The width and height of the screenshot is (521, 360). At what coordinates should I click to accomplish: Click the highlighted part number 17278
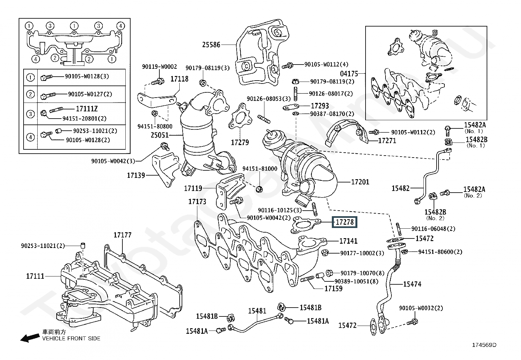pos(345,222)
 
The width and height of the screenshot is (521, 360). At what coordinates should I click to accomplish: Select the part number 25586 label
pos(211,45)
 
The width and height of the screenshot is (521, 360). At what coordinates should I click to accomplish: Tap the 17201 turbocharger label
pos(360,182)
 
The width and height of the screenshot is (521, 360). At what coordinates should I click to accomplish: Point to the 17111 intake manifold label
pos(35,276)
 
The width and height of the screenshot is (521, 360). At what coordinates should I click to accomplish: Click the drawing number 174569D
pos(484,345)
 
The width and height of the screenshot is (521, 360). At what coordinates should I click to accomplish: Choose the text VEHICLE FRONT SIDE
pos(71,338)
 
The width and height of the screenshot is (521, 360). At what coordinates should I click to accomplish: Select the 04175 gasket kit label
pos(349,74)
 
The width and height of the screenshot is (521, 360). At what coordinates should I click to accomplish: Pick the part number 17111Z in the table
pos(87,109)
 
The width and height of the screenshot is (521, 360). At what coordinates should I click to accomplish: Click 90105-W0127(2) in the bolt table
pos(90,94)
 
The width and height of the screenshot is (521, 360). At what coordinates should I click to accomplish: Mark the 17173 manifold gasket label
pos(197,201)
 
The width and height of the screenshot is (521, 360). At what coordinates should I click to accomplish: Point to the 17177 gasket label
pos(122,235)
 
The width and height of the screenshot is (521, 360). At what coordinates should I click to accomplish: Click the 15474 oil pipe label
pos(412,284)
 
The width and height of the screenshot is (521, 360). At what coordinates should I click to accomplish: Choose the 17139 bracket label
pos(136,176)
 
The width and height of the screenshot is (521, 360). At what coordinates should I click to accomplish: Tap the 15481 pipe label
pos(257,311)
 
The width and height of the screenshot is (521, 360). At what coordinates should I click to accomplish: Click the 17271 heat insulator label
pos(387,141)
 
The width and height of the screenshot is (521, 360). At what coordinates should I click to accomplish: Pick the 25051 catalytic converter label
pos(160,135)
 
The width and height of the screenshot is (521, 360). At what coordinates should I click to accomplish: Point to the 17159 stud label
pos(333,289)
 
